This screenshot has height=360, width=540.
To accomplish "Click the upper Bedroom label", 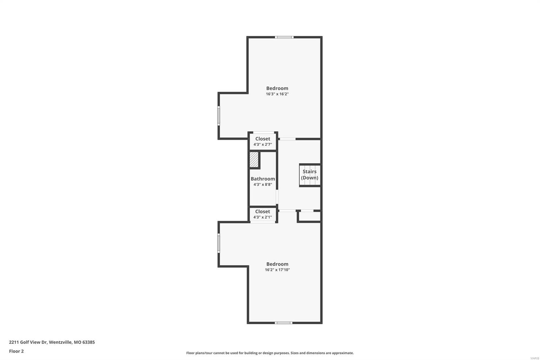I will point(277,88).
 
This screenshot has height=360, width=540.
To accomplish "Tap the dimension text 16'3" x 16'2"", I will point(277,94).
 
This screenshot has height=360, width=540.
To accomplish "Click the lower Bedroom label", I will point(277,264).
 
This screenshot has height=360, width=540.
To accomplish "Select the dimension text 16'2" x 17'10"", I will point(277,270).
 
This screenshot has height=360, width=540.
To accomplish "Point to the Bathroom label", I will point(263,179).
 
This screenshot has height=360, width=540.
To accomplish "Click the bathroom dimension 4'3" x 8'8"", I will point(263,185).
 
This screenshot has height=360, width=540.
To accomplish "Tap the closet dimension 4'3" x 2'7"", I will point(263,145).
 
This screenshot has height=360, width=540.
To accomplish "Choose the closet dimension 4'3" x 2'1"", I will point(263,217).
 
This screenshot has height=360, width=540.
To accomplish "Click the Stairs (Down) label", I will point(309,175).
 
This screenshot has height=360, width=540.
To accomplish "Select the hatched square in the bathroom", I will point(254,160).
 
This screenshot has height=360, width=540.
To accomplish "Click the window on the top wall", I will point(284,37).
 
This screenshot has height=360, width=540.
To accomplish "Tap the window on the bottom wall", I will point(283,323).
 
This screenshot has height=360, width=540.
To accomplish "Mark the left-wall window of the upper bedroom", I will point(219,116).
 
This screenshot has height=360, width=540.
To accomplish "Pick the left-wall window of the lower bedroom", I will point(219,243).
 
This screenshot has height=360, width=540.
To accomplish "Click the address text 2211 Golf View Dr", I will point(28,342).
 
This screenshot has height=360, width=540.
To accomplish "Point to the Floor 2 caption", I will point(16,351).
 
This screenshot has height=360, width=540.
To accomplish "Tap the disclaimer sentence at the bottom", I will point(270,353).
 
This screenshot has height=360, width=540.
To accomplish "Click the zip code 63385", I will point(89,342).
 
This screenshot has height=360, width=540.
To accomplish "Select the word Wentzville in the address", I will point(60,342).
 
